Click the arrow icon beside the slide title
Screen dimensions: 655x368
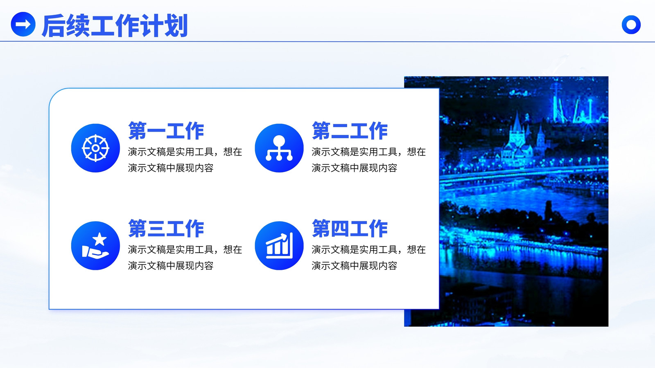point(23,24)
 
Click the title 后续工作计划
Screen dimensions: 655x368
point(115,26)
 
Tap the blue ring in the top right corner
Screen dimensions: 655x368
point(631,25)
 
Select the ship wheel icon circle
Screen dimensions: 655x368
point(95,148)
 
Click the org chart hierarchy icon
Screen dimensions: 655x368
point(279,148)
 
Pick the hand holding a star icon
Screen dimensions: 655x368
point(95,246)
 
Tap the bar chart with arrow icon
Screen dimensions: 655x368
point(279,246)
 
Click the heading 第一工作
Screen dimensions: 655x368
point(166,131)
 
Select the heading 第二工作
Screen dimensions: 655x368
point(350,131)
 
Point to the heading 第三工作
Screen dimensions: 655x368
point(166,229)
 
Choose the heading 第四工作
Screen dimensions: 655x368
point(350,229)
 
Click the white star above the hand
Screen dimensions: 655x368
point(100,239)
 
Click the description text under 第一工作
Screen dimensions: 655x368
point(185,160)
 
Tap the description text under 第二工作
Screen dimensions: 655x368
point(368,160)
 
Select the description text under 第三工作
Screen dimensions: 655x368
point(185,258)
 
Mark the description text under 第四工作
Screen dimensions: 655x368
point(368,258)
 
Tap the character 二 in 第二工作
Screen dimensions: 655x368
point(340,131)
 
